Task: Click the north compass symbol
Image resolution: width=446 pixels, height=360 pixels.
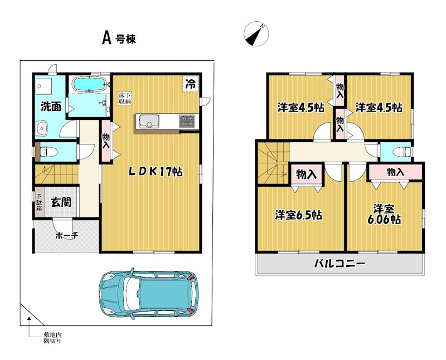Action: [256, 34]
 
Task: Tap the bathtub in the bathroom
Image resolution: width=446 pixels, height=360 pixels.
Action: [90, 84]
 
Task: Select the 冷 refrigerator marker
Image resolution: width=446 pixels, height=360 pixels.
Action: [191, 84]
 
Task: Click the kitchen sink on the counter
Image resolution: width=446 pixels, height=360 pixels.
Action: [149, 121]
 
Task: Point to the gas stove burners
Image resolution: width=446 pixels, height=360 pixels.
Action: [187, 121]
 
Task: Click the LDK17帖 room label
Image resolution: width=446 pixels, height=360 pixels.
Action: [156, 172]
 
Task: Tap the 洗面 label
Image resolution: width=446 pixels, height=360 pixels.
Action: [51, 106]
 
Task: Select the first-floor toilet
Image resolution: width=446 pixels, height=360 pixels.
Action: [47, 152]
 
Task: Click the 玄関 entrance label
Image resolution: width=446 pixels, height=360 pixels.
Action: [61, 202]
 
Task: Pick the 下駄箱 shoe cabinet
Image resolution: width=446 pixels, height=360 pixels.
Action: [39, 202]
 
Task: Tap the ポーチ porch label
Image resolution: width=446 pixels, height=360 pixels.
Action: [66, 236]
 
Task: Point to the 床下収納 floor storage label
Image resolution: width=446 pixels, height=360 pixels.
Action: [125, 99]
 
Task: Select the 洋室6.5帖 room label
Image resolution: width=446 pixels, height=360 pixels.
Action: [298, 215]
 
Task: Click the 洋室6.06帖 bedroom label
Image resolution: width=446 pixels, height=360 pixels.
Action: [384, 214]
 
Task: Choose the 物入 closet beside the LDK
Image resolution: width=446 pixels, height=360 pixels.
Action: [106, 142]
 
